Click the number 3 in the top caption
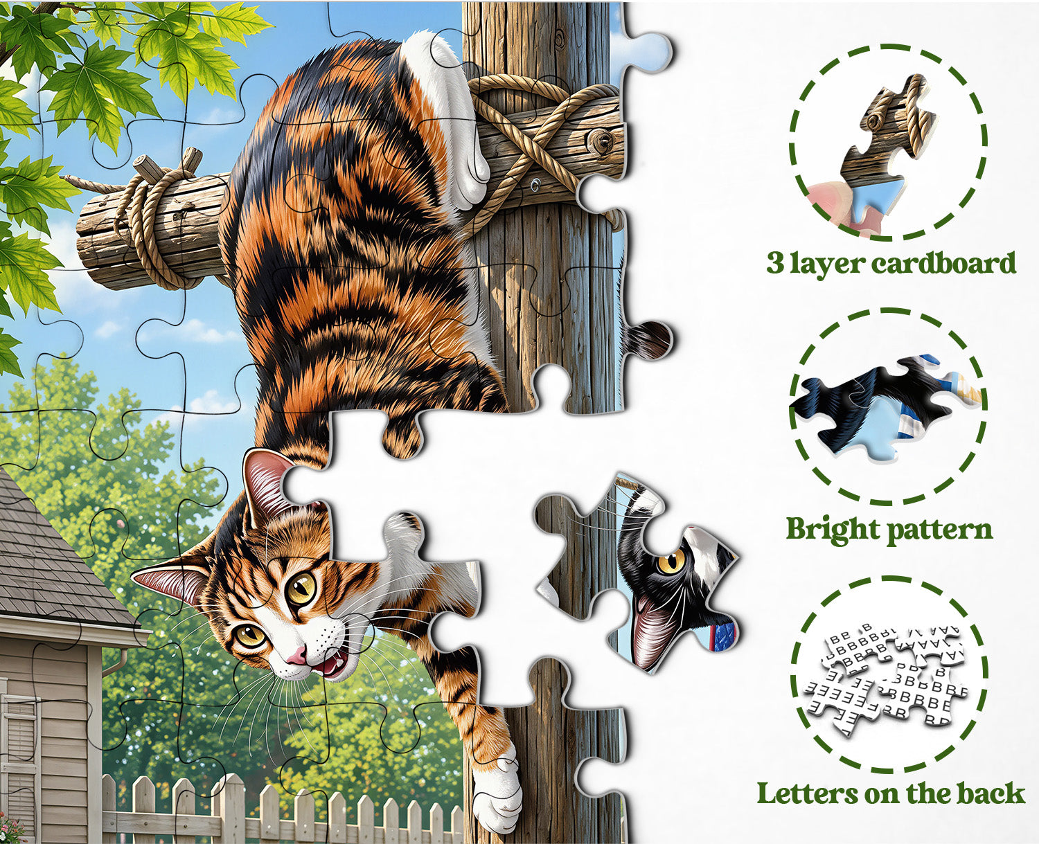pyautogui.click(x=774, y=264)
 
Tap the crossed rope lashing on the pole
pyautogui.click(x=542, y=146)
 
